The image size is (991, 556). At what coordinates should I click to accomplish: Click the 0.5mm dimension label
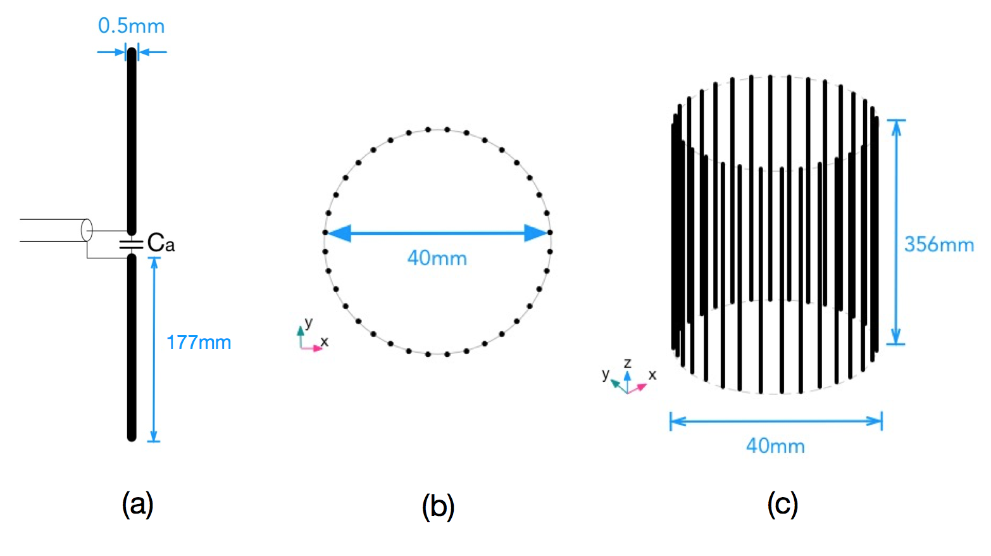pyautogui.click(x=131, y=26)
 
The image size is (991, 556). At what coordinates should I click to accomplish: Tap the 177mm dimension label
pyautogui.click(x=198, y=343)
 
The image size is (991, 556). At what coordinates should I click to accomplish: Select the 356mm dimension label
pyautogui.click(x=938, y=244)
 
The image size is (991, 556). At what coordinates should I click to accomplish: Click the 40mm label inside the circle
pyautogui.click(x=437, y=258)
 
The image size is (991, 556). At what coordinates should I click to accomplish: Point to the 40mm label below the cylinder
pyautogui.click(x=775, y=446)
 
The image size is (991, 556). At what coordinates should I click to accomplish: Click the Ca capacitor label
pyautogui.click(x=161, y=243)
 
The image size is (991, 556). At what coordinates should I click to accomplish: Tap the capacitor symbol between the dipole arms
pyautogui.click(x=132, y=244)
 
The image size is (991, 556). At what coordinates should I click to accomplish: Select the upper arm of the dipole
pyautogui.click(x=132, y=139)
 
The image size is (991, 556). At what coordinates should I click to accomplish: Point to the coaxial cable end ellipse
pyautogui.click(x=87, y=230)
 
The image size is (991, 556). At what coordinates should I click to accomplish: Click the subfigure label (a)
pyautogui.click(x=137, y=505)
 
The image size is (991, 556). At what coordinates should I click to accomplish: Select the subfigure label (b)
pyautogui.click(x=438, y=507)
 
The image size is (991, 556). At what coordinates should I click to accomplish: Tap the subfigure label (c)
pyautogui.click(x=782, y=505)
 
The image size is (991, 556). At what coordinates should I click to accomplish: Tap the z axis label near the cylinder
pyautogui.click(x=627, y=363)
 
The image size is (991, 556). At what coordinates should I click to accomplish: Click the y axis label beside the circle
pyautogui.click(x=308, y=322)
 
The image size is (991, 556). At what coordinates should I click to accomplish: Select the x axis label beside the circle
pyautogui.click(x=324, y=341)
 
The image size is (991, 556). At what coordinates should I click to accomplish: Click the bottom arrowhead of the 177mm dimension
pyautogui.click(x=154, y=436)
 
